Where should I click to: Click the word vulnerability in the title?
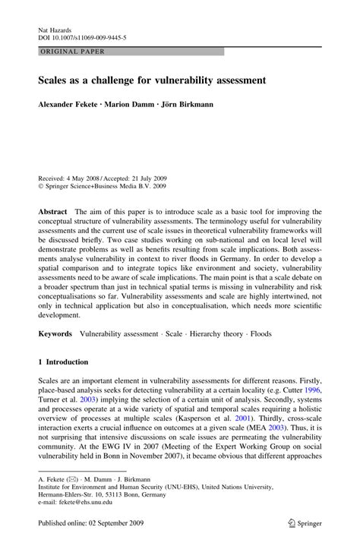(178, 78)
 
